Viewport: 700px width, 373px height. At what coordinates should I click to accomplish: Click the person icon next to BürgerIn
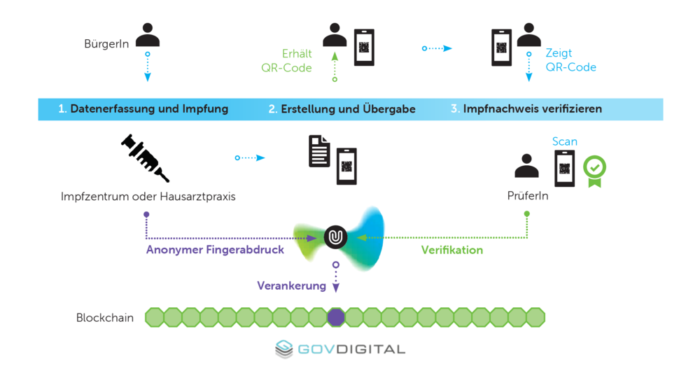pyautogui.click(x=148, y=35)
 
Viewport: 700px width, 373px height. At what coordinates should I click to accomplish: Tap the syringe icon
pyautogui.click(x=146, y=158)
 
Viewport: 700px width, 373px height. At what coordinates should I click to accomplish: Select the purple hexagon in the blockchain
pyautogui.click(x=336, y=317)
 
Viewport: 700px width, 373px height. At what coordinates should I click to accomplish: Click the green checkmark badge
pyautogui.click(x=594, y=170)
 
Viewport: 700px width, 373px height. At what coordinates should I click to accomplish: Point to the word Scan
pyautogui.click(x=564, y=141)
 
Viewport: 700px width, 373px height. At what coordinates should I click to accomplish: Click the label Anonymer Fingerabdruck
pyautogui.click(x=215, y=249)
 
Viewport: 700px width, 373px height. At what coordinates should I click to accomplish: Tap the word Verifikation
pyautogui.click(x=451, y=249)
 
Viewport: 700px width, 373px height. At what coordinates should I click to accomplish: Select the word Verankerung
pyautogui.click(x=291, y=286)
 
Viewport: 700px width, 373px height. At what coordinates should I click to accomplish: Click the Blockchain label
pyautogui.click(x=105, y=318)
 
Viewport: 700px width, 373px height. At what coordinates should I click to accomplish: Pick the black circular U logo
pyautogui.click(x=336, y=237)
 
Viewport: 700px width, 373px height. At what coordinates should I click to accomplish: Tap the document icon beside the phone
pyautogui.click(x=320, y=151)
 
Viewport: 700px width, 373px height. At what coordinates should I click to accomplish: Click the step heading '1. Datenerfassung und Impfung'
pyautogui.click(x=143, y=109)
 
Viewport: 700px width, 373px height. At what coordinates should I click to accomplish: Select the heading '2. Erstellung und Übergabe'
pyautogui.click(x=342, y=109)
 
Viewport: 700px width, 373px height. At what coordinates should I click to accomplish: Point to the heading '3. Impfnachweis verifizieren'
pyautogui.click(x=526, y=109)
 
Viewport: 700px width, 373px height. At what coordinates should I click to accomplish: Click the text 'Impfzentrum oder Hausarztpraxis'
pyautogui.click(x=148, y=197)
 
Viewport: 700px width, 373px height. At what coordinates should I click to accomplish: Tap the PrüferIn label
pyautogui.click(x=527, y=196)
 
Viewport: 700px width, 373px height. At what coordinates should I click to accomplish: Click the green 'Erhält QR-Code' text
pyautogui.click(x=287, y=61)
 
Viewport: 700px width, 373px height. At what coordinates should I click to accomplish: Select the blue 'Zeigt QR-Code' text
pyautogui.click(x=570, y=61)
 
